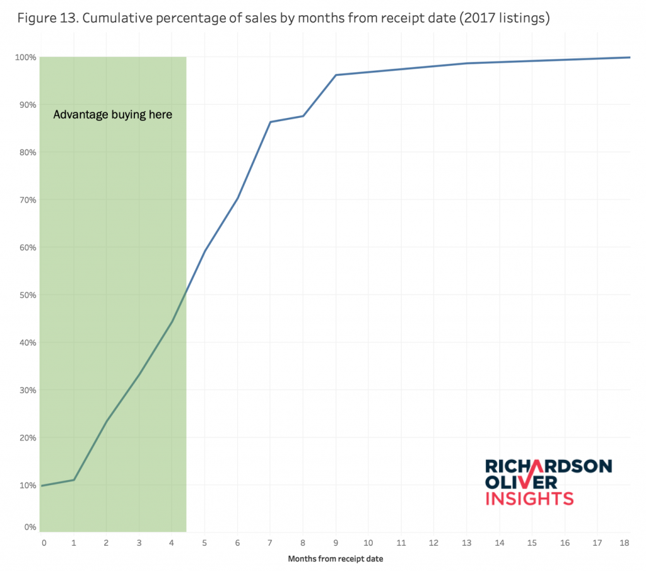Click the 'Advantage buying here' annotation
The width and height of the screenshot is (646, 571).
[x=112, y=115]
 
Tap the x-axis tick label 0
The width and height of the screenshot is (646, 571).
[x=44, y=542]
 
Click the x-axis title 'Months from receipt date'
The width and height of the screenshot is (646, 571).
[x=335, y=558]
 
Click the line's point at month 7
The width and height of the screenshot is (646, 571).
[x=270, y=122]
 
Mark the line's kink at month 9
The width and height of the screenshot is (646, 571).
[x=336, y=75]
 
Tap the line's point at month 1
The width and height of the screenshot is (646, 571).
[x=74, y=480]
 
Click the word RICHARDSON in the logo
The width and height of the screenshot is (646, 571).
[x=548, y=466]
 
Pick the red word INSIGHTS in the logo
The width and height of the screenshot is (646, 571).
[x=529, y=498]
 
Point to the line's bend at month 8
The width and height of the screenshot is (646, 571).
[x=303, y=115]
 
